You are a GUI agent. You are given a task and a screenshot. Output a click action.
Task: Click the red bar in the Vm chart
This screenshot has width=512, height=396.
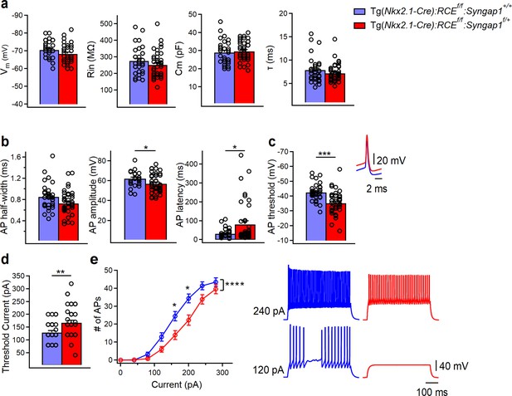pos(68,80)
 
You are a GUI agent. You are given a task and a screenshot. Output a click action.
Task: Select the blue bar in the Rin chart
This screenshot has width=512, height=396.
pos(139,83)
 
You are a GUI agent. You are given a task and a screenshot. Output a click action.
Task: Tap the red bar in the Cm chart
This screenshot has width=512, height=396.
pos(244,78)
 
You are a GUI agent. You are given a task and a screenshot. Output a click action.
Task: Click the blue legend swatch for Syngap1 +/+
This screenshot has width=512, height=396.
pos(359,11)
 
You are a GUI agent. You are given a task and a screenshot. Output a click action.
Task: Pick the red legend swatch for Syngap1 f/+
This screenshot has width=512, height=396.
pos(359,25)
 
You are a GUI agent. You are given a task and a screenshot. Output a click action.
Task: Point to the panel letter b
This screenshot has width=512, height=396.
pos(6,142)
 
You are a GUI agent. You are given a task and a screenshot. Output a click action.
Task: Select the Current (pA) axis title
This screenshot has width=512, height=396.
pos(176,384)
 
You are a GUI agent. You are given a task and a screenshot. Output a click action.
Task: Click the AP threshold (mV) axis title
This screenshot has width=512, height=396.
pos(271,197)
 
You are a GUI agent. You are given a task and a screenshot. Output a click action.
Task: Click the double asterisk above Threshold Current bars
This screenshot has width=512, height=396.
pos(61,271)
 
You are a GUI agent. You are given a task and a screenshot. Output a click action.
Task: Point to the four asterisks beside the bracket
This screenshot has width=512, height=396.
pos(235,284)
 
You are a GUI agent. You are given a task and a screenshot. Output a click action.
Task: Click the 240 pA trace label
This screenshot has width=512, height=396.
pos(269,311)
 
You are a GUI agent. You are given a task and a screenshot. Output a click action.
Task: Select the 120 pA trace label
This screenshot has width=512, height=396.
pos(269,370)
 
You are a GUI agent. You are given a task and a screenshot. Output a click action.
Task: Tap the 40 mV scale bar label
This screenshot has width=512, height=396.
pos(454,366)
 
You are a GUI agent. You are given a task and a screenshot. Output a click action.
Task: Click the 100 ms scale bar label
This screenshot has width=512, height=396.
pos(432,391)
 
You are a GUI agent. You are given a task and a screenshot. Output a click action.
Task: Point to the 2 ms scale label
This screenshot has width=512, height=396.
pos(377,188)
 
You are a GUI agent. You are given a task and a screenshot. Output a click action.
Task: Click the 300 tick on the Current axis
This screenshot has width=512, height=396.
pos(222,372)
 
